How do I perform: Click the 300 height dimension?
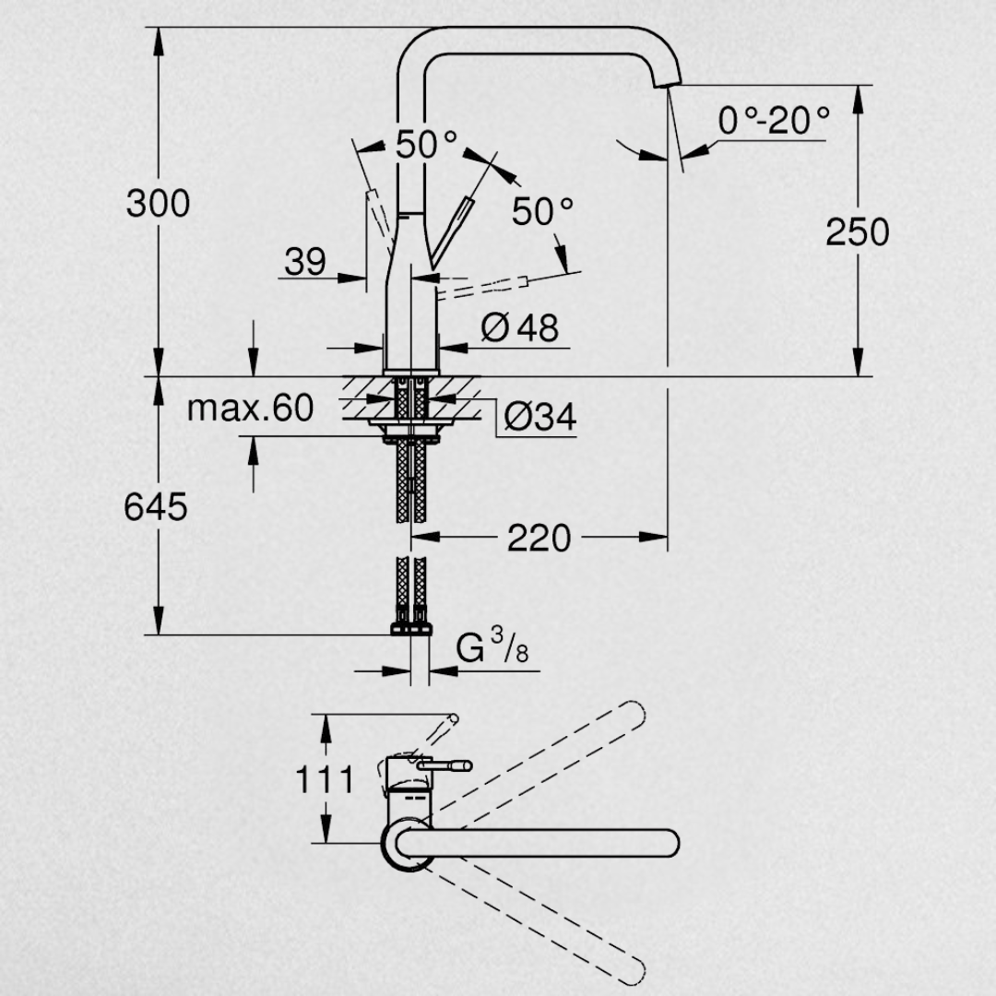coord(158,204)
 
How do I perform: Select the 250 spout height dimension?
coord(857,231)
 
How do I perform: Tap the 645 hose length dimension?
coord(156,507)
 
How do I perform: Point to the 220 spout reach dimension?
coord(539,539)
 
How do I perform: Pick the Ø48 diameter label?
coord(519,327)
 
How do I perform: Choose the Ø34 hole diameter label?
coord(539,418)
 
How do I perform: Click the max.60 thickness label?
coord(250,408)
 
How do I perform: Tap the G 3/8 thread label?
coord(492,646)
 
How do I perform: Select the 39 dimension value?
coord(305,262)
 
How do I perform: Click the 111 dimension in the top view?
coord(325,779)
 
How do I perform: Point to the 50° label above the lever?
coord(426,145)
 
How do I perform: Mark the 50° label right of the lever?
coord(542,211)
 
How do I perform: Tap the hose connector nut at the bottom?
coord(411,629)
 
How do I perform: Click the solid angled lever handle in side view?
coord(452,232)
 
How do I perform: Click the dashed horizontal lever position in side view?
coord(481,287)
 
